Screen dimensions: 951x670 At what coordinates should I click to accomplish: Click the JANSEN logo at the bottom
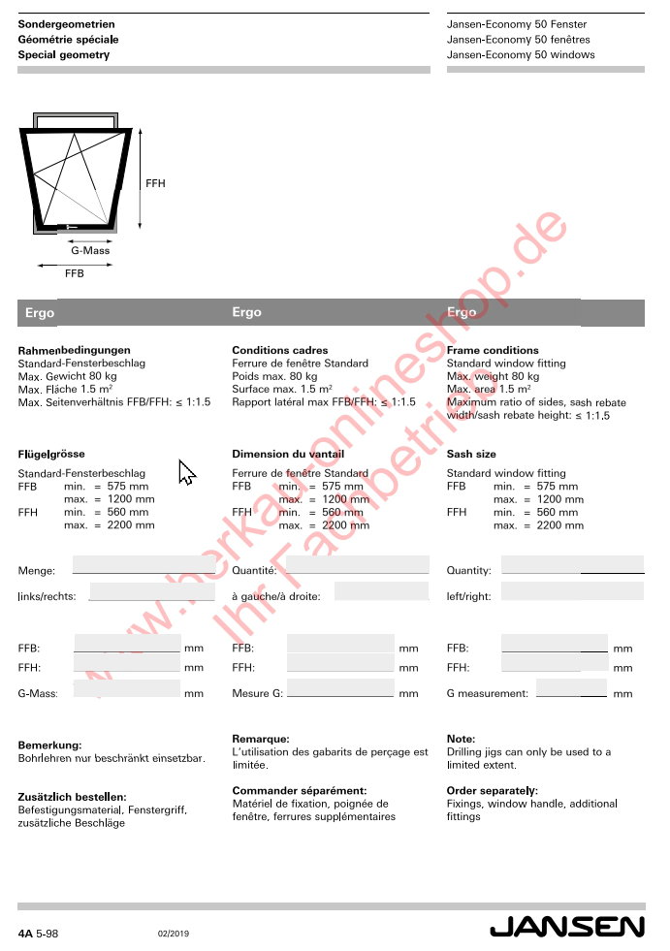pyautogui.click(x=566, y=927)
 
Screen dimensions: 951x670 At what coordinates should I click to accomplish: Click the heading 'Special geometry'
pyautogui.click(x=64, y=55)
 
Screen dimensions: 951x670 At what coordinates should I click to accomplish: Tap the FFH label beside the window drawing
pyautogui.click(x=155, y=183)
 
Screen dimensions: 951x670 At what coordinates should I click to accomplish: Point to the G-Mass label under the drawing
pyautogui.click(x=90, y=250)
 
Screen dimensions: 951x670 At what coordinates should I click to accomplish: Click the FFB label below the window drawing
pyautogui.click(x=75, y=273)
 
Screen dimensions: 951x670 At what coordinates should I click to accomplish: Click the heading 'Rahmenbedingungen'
pyautogui.click(x=75, y=350)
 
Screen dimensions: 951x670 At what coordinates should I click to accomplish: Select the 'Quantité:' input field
pyautogui.click(x=357, y=565)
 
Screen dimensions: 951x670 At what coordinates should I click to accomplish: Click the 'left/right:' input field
pyautogui.click(x=572, y=591)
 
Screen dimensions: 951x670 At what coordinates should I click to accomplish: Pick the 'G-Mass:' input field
pyautogui.click(x=127, y=688)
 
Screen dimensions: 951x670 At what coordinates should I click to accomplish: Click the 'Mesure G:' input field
pyautogui.click(x=340, y=688)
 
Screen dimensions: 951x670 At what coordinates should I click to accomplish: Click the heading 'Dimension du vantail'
pyautogui.click(x=288, y=454)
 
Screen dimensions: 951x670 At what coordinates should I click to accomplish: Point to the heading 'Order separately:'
pyautogui.click(x=493, y=791)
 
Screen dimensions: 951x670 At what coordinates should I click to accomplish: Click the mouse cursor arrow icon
pyautogui.click(x=186, y=472)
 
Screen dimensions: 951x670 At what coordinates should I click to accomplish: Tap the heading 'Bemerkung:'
pyautogui.click(x=49, y=745)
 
